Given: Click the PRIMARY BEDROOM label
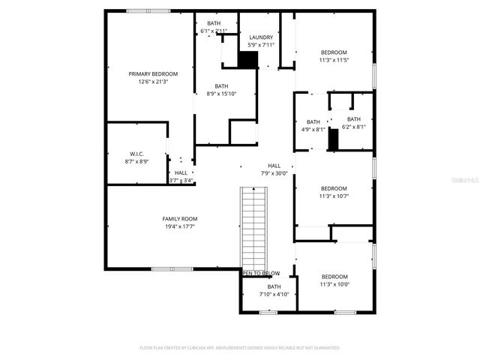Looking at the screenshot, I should [x=153, y=73].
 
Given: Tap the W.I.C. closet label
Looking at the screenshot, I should [x=136, y=154].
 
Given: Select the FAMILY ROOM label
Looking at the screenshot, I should [x=180, y=218].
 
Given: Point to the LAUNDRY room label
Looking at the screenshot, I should [x=261, y=37].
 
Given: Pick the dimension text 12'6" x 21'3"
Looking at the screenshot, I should [x=153, y=81].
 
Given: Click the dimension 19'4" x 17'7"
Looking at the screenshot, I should [x=180, y=226].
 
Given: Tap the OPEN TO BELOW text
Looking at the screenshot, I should [x=261, y=273].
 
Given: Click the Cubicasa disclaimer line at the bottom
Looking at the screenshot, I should [x=240, y=348].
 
